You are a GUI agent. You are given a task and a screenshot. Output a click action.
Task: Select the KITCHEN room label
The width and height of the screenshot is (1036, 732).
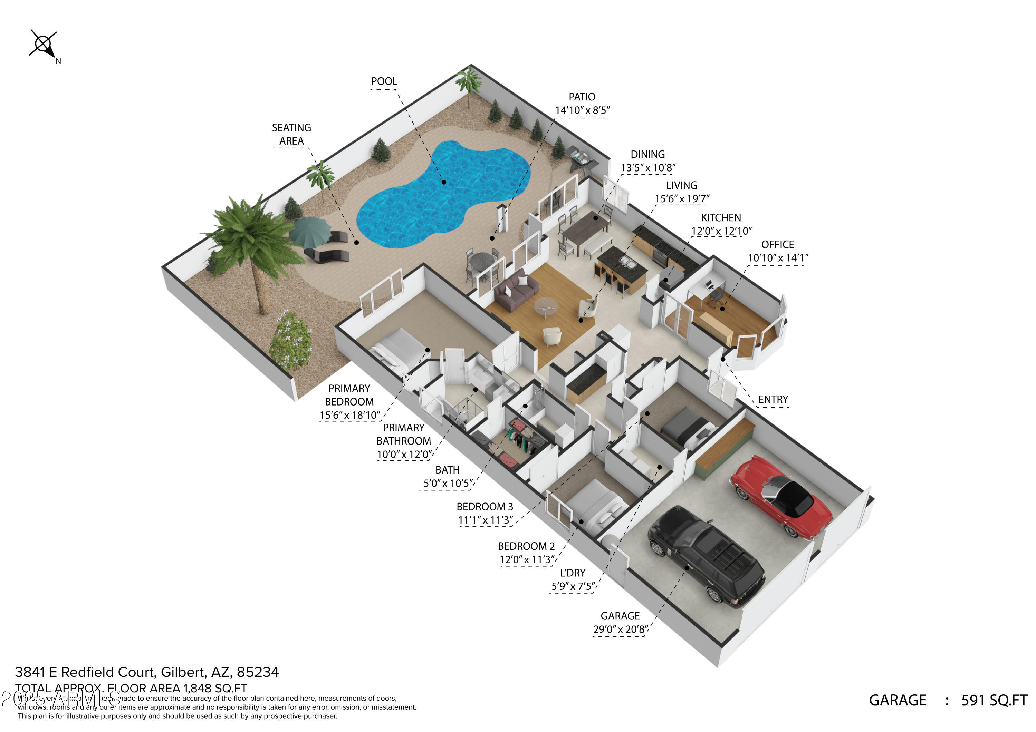pyautogui.click(x=721, y=218)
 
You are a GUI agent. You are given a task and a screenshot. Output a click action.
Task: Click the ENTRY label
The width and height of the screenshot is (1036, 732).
pyautogui.click(x=773, y=400)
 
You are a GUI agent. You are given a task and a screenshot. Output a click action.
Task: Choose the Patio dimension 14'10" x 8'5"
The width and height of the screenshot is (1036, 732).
pyautogui.click(x=582, y=110)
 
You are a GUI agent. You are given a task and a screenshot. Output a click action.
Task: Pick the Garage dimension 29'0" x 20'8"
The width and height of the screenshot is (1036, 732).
pyautogui.click(x=621, y=629)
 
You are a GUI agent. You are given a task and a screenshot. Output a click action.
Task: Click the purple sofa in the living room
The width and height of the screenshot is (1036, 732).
pyautogui.click(x=516, y=291)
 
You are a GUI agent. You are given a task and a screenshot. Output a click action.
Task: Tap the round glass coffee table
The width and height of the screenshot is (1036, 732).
pyautogui.click(x=546, y=307)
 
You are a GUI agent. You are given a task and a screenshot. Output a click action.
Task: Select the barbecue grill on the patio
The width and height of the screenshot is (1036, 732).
pyautogui.click(x=580, y=159)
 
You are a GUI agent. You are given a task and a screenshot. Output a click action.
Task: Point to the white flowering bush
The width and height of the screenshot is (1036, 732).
pyautogui.click(x=291, y=341)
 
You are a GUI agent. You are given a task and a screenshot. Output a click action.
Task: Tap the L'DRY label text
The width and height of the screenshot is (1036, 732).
pyautogui.click(x=573, y=573)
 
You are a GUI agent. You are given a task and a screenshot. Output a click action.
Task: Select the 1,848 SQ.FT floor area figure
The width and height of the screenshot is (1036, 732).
pyautogui.click(x=215, y=688)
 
